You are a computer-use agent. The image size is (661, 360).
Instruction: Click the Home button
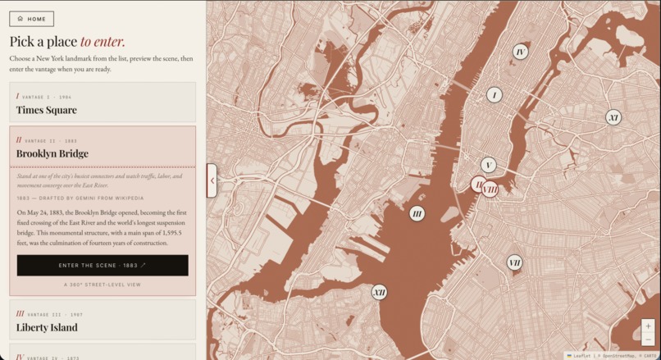pos(32,19)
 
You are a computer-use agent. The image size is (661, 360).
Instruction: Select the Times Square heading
pos(47,110)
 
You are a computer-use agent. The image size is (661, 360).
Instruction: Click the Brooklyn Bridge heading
pos(52,153)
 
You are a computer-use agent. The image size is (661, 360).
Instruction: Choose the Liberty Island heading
pos(47,327)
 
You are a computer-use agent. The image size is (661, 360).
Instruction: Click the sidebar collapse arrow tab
pos(212,180)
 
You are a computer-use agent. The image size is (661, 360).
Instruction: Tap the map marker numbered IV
pos(520,52)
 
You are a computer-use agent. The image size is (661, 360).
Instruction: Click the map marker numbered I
pos(494,95)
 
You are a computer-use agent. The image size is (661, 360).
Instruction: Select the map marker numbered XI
pos(613,117)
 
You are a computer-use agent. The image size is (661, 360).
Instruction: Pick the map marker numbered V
pos(489,165)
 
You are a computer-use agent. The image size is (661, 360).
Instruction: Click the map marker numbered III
pos(417,214)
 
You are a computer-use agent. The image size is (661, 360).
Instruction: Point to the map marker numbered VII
pos(514,263)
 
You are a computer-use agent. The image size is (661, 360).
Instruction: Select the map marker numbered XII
pos(379,292)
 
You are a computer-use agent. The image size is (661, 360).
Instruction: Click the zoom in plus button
pos(648,326)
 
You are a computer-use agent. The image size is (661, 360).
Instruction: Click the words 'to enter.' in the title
pos(103,42)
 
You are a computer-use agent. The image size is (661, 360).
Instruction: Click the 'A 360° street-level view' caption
pos(103,285)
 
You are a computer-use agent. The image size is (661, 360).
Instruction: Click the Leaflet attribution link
pos(581,356)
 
